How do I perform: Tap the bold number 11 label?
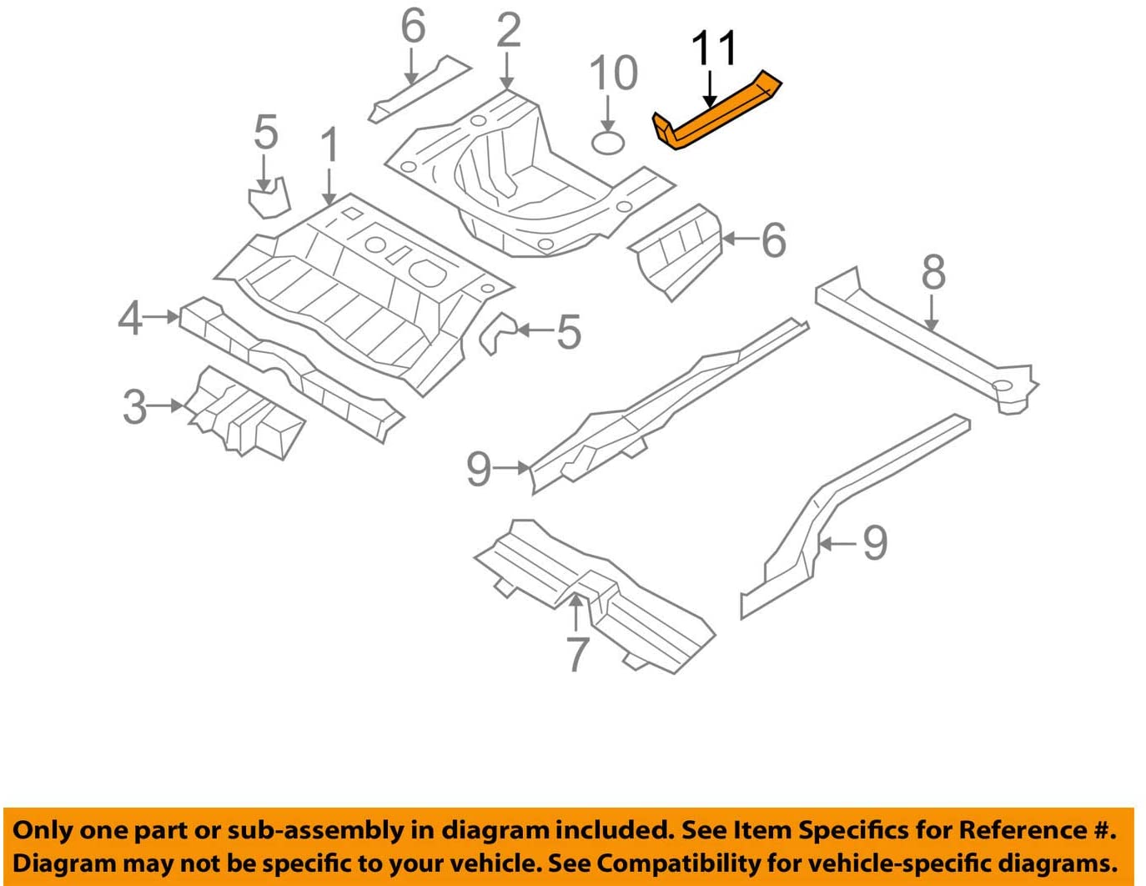pyautogui.click(x=715, y=48)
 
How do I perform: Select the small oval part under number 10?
pyautogui.click(x=608, y=143)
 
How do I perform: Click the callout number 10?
pyautogui.click(x=613, y=73)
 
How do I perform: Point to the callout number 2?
pyautogui.click(x=508, y=31)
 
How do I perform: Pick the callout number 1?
pyautogui.click(x=329, y=145)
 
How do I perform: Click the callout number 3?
pyautogui.click(x=134, y=407)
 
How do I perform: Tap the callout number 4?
pyautogui.click(x=130, y=318)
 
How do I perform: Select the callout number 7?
pyautogui.click(x=577, y=654)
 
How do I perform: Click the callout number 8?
pyautogui.click(x=933, y=272)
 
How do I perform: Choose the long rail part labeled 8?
pyautogui.click(x=926, y=342)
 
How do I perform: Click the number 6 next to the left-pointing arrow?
pyautogui.click(x=773, y=240)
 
